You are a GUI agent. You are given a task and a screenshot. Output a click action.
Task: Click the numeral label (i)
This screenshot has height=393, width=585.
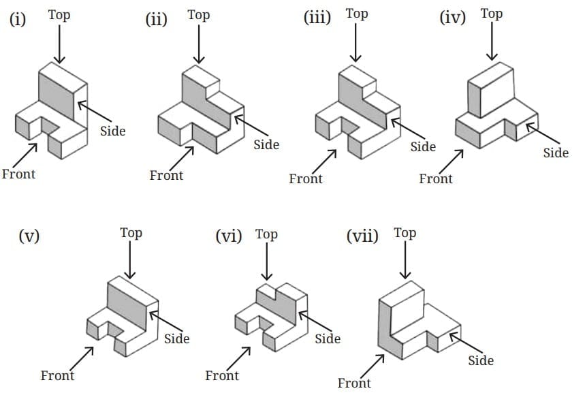tap(18, 18)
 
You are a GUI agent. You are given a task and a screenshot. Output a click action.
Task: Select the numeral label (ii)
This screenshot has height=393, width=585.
tap(157, 18)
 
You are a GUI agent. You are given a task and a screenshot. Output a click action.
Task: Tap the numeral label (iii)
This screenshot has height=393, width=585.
tap(317, 17)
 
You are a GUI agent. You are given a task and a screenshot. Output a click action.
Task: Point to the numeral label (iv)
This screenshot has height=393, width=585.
tap(453, 17)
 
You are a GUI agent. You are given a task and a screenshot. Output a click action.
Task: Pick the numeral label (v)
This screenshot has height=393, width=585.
tap(29, 236)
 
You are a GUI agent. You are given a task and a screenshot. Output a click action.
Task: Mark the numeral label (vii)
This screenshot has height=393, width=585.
tap(362, 236)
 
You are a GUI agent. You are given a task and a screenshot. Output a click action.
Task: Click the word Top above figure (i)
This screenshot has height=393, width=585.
tap(59, 14)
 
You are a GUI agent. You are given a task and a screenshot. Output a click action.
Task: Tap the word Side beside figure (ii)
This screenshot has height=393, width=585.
tap(266, 144)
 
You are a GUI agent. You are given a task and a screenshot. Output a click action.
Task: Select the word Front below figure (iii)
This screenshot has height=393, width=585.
tap(306, 178)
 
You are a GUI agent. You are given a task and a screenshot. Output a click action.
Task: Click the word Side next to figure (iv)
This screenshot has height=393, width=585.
tap(556, 153)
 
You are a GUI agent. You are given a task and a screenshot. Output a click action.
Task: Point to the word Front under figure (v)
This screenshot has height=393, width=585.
tap(57, 375)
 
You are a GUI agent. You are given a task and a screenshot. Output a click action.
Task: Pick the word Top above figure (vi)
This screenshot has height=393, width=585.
tap(266, 234)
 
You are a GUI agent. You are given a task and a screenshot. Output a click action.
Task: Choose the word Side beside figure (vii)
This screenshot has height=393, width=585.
tap(481, 360)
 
